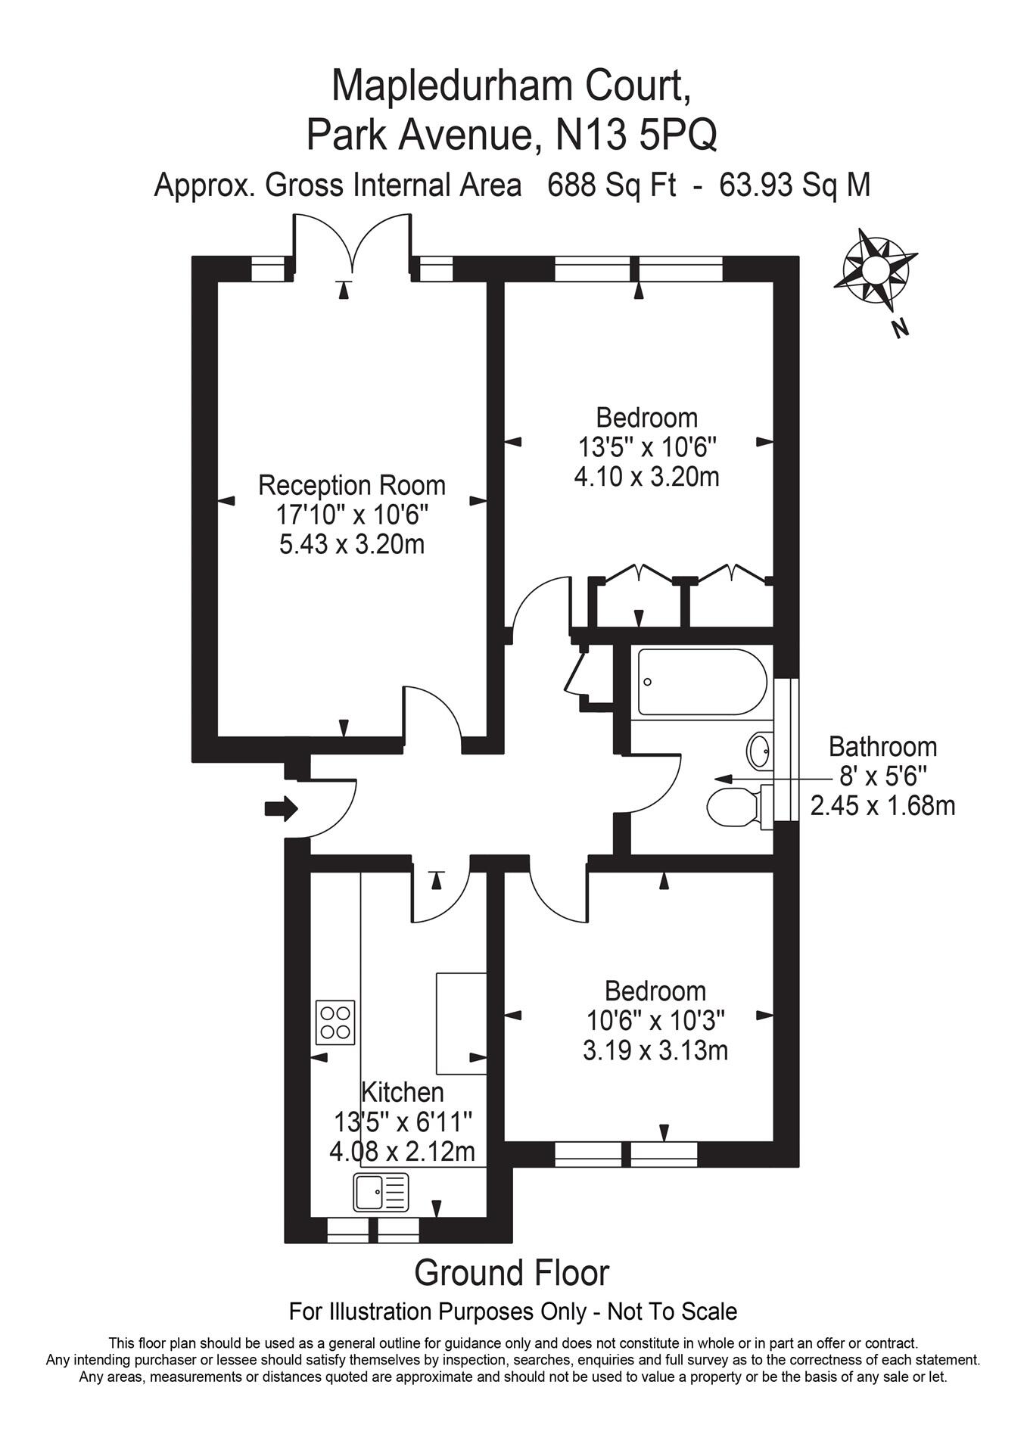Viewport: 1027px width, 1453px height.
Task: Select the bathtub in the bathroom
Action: (x=702, y=682)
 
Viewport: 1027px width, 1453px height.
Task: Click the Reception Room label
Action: (x=352, y=484)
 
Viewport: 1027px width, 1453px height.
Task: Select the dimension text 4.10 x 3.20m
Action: (x=646, y=478)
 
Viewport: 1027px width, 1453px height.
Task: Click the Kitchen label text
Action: (x=402, y=1092)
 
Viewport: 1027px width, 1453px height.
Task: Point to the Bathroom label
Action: (x=882, y=747)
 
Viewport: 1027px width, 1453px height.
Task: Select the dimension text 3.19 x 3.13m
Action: (x=655, y=1051)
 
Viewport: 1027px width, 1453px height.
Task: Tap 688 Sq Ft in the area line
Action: (x=612, y=185)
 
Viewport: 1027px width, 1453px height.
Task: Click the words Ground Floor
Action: (x=512, y=1274)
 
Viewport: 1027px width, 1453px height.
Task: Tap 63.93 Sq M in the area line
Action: (x=795, y=185)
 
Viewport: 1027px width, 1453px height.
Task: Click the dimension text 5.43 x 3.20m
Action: (x=352, y=544)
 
